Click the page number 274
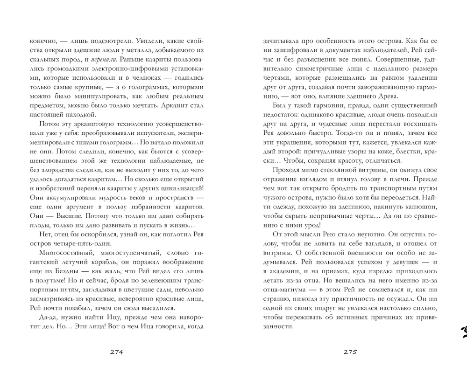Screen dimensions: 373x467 point(116,352)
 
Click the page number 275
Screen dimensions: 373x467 point(350,352)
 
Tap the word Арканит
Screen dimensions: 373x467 point(175,104)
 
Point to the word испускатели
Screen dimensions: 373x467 point(143,135)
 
